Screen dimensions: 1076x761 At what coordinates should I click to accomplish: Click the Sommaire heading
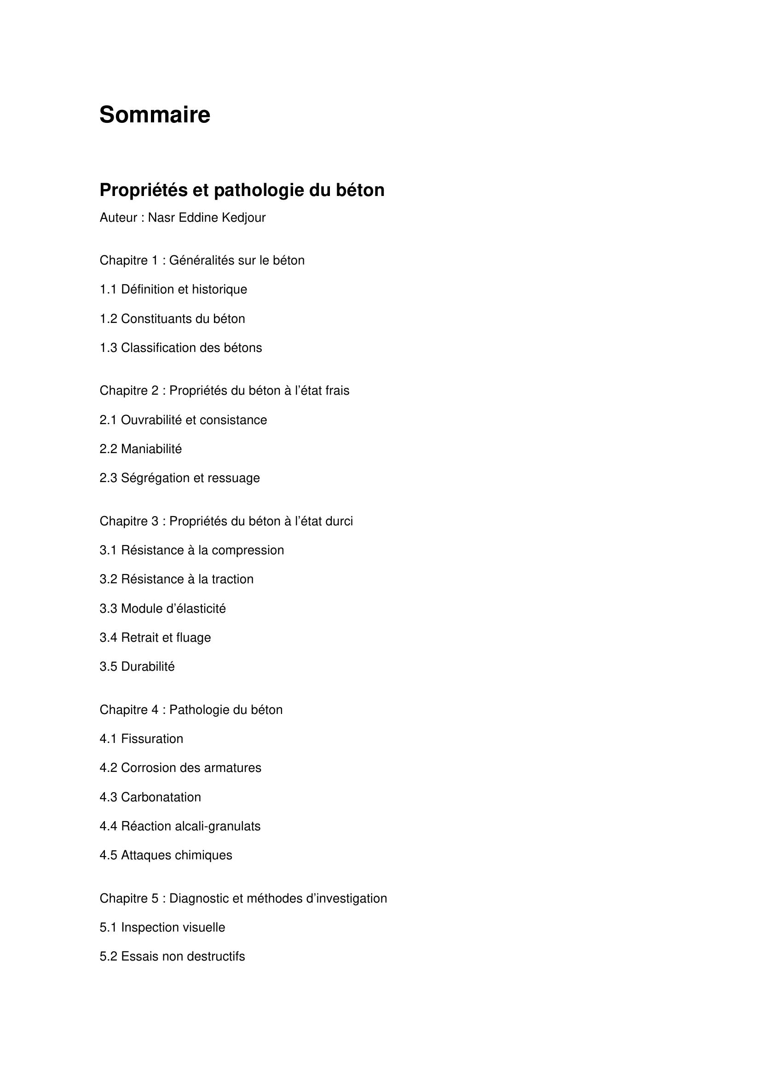(x=155, y=115)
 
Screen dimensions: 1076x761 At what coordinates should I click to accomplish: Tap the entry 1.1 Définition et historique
(x=173, y=289)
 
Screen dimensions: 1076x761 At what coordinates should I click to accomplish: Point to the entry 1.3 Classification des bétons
(x=180, y=348)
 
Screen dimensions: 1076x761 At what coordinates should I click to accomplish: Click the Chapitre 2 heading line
(x=224, y=391)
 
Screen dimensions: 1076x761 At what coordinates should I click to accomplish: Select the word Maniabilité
(x=151, y=449)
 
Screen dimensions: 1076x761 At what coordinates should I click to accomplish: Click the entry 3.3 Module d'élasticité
(x=162, y=609)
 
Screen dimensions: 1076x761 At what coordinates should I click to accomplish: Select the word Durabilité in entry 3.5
(x=148, y=667)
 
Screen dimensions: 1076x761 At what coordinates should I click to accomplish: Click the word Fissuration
(x=152, y=739)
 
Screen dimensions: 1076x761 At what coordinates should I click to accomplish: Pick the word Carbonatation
(x=161, y=797)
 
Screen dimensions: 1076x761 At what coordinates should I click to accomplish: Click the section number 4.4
(x=108, y=826)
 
